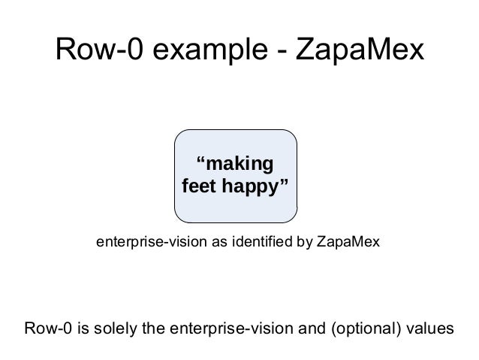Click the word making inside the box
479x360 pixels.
(x=239, y=165)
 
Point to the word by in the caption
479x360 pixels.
(x=306, y=243)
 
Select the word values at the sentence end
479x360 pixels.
(x=429, y=329)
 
